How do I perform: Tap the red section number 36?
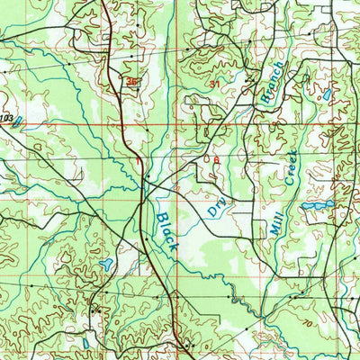133,82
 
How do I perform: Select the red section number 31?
214,84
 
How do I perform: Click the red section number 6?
216,159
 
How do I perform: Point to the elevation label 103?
8,118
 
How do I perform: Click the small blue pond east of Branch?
325,93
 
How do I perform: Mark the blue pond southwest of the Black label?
107,265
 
